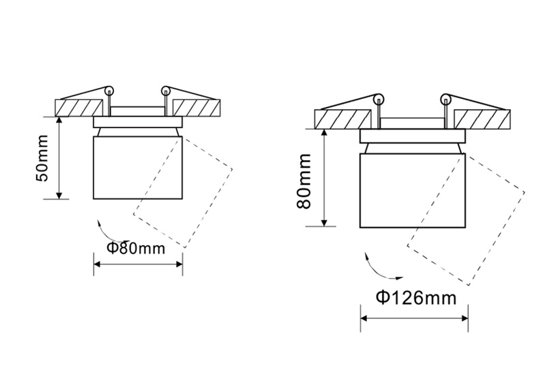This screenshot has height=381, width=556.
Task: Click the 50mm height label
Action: point(42,158)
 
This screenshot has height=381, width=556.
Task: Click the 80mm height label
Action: point(304,181)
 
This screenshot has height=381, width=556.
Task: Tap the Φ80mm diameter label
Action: point(136,247)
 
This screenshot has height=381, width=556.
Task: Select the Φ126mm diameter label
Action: point(416,297)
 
